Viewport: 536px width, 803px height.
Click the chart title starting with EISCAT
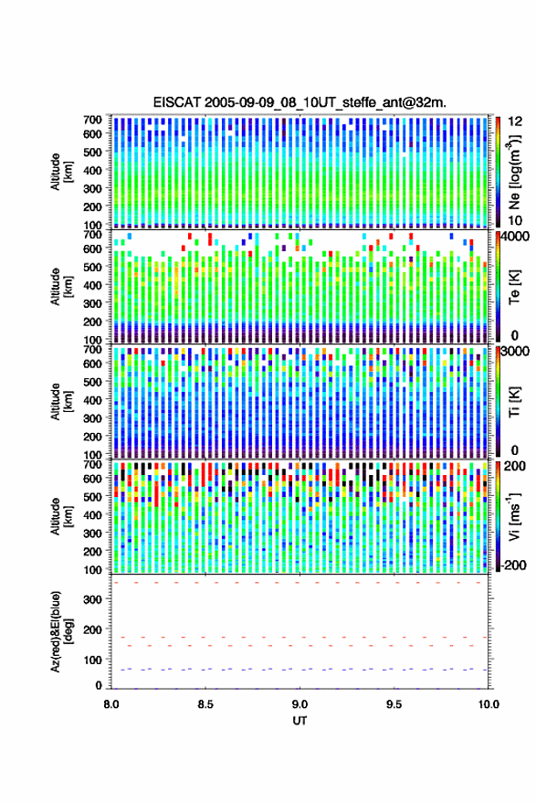pyautogui.click(x=300, y=102)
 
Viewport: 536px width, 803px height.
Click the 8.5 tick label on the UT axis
pyautogui.click(x=205, y=704)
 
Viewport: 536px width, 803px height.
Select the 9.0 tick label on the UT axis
pyautogui.click(x=300, y=704)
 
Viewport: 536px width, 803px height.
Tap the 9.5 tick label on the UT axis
pyautogui.click(x=394, y=704)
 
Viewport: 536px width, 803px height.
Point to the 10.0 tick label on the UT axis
pyautogui.click(x=488, y=704)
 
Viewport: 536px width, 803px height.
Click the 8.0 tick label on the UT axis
pyautogui.click(x=111, y=704)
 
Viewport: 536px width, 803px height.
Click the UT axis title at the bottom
pyautogui.click(x=300, y=721)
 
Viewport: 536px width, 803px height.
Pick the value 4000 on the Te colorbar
pyautogui.click(x=516, y=237)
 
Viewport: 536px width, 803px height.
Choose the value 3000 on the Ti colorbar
pyautogui.click(x=516, y=352)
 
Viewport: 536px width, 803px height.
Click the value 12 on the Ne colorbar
pyautogui.click(x=515, y=122)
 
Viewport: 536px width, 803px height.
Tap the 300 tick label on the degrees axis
pyautogui.click(x=92, y=599)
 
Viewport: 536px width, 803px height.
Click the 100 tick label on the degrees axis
pyautogui.click(x=92, y=660)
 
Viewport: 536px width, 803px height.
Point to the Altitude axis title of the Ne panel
pyautogui.click(x=61, y=172)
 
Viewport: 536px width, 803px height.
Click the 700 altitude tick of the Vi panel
pyautogui.click(x=92, y=464)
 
